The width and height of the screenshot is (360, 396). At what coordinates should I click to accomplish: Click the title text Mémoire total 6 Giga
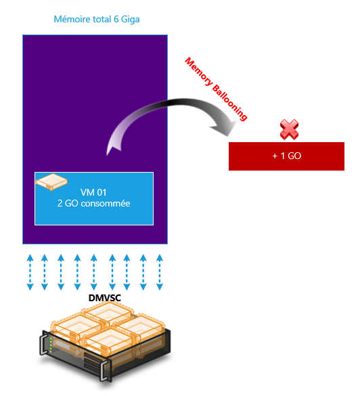coord(97,20)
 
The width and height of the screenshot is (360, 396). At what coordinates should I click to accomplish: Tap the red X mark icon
coord(290,129)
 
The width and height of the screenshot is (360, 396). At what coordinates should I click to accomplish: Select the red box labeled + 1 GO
coord(286,156)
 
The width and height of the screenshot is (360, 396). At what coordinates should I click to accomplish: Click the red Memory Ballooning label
coord(216,89)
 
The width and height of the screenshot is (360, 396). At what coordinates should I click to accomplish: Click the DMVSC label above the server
coord(104,298)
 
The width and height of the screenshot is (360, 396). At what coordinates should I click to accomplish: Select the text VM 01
coord(93,192)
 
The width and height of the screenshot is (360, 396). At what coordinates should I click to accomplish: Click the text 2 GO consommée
coord(93,204)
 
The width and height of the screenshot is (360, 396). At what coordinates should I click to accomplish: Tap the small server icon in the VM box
coord(51,182)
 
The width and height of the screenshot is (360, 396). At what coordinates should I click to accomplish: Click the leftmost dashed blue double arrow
coord(30,272)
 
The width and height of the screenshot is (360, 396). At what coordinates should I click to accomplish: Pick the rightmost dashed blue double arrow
coord(160,272)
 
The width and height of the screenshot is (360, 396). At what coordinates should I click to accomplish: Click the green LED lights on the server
coord(51,345)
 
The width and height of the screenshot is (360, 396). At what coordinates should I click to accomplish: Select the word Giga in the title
coord(131,20)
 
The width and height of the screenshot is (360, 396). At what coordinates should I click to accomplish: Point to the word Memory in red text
coord(198,71)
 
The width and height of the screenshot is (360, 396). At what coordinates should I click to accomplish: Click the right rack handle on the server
coord(105,370)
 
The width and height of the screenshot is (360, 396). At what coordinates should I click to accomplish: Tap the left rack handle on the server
coord(43,344)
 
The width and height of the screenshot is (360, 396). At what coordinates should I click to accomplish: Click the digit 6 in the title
coord(116,20)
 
